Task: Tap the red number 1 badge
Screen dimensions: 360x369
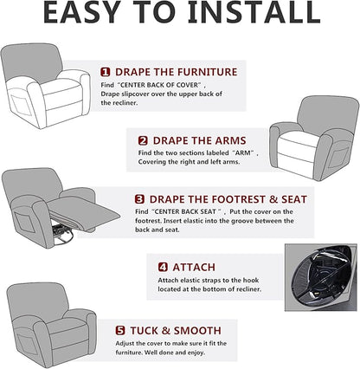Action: (106, 72)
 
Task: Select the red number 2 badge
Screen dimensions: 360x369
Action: (143, 141)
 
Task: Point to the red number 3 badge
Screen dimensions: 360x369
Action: (139, 199)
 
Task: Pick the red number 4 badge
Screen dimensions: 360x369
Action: (163, 267)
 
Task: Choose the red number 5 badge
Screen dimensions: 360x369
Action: (120, 331)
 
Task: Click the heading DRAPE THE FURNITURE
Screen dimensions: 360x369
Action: (176, 72)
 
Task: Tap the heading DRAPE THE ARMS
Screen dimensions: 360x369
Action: (199, 141)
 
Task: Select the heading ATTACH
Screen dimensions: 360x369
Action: (194, 267)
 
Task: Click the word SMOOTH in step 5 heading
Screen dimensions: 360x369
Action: (197, 331)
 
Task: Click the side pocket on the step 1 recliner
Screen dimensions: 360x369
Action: (21, 105)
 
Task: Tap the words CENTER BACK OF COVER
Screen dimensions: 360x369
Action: (159, 85)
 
